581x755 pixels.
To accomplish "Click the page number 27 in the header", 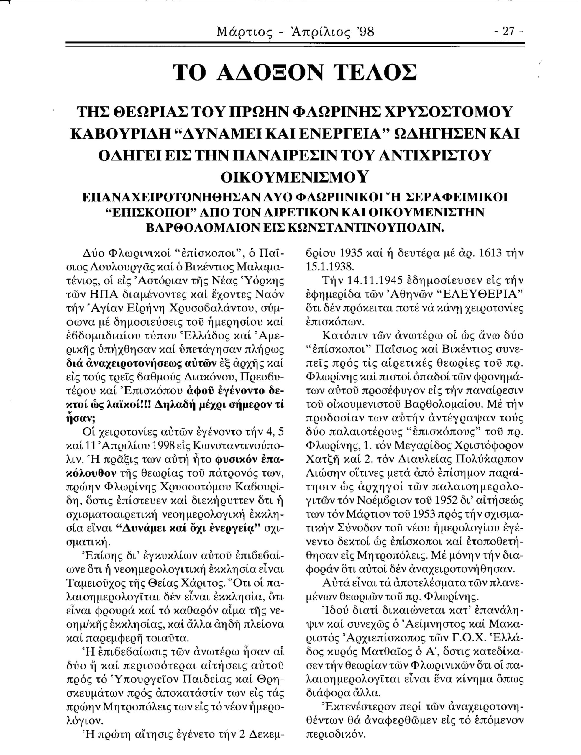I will click(508, 32).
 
